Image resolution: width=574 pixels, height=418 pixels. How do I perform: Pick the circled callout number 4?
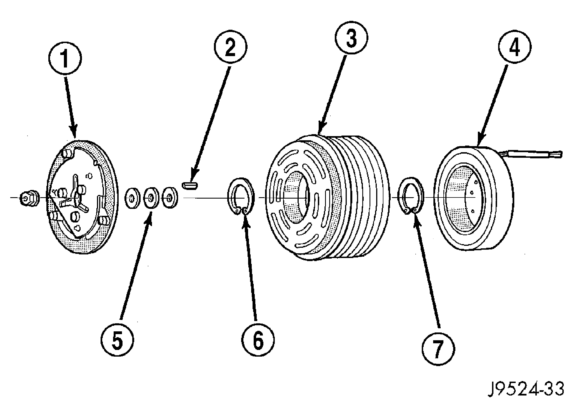(x=514, y=47)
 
